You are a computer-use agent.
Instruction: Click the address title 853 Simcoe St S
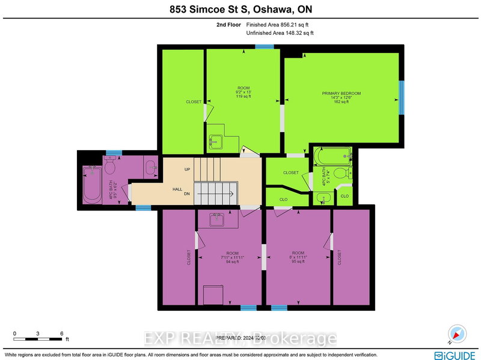[x=240, y=10]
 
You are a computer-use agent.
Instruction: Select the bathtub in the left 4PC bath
[x=92, y=183]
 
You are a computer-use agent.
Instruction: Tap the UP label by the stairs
[x=187, y=169]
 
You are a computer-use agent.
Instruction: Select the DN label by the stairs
[x=187, y=194]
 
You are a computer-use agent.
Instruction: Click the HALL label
[x=177, y=189]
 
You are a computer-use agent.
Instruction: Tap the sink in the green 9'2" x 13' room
[x=215, y=143]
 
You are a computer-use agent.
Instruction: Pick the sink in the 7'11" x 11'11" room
[x=216, y=220]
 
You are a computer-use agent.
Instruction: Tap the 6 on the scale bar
[x=61, y=333]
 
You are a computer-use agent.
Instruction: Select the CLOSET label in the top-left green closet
[x=194, y=102]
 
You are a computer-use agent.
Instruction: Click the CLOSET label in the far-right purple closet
[x=340, y=257]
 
